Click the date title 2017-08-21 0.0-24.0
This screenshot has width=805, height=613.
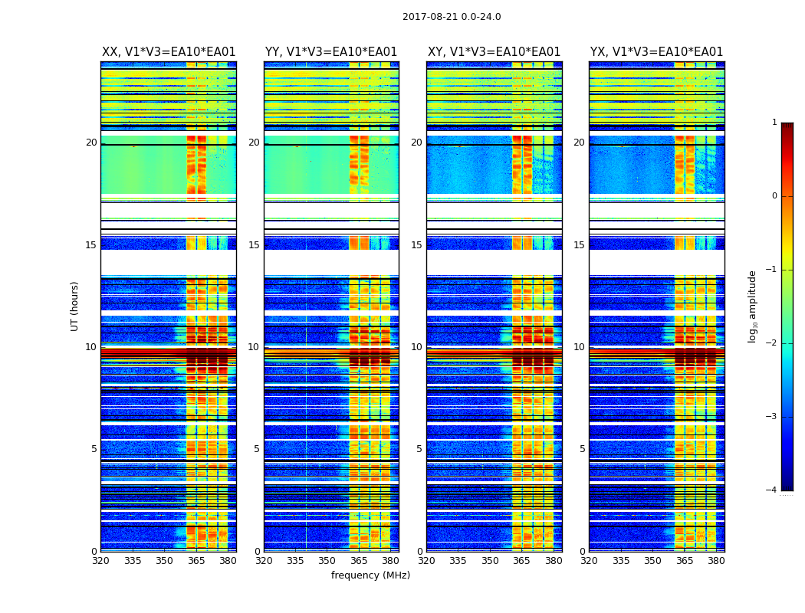pyautogui.click(x=452, y=17)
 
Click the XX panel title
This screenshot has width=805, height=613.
pyautogui.click(x=169, y=52)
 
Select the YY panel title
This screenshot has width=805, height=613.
pyautogui.click(x=331, y=52)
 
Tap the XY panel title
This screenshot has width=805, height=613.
pyautogui.click(x=494, y=52)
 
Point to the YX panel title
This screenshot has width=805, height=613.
pyautogui.click(x=656, y=52)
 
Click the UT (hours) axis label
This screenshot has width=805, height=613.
pyautogui.click(x=75, y=306)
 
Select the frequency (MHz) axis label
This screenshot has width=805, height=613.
pyautogui.click(x=370, y=575)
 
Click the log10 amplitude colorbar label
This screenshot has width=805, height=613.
pyautogui.click(x=753, y=306)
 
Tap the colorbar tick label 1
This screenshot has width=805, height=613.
pyautogui.click(x=774, y=123)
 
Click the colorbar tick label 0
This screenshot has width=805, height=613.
pyautogui.click(x=774, y=196)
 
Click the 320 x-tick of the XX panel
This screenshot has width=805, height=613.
pyautogui.click(x=101, y=561)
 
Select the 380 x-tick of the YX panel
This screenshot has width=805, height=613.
pyautogui.click(x=716, y=561)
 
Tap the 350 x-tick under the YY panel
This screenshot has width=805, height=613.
pyautogui.click(x=327, y=561)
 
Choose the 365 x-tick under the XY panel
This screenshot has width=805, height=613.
pyautogui.click(x=522, y=561)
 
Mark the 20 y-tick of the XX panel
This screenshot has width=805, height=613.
pyautogui.click(x=91, y=143)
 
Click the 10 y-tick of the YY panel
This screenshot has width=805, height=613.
pyautogui.click(x=254, y=347)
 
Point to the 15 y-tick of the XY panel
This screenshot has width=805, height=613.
pyautogui.click(x=416, y=245)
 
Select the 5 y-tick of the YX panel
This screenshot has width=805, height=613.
pyautogui.click(x=583, y=449)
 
